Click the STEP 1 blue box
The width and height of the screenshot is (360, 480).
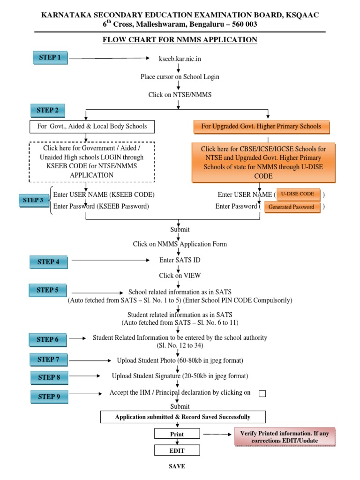tap(50, 58)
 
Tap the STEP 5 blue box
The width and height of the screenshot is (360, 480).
tap(48, 291)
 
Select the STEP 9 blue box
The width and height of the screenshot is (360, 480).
tap(49, 397)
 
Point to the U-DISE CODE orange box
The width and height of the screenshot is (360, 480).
tap(298, 194)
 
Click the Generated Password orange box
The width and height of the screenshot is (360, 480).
tap(292, 207)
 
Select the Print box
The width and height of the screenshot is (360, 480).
tap(177, 435)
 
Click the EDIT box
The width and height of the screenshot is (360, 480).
tap(177, 450)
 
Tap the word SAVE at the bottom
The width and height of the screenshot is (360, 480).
tap(177, 466)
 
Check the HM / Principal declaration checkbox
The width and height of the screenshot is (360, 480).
tap(262, 394)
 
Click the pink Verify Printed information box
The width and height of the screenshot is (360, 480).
tap(285, 437)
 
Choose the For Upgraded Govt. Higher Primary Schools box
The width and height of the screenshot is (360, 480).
tap(261, 127)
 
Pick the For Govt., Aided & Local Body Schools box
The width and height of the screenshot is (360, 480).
tap(92, 127)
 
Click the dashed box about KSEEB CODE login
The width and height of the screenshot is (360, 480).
tap(92, 162)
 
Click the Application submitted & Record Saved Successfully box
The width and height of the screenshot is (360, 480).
tap(183, 417)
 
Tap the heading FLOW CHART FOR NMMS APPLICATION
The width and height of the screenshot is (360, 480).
tap(180, 40)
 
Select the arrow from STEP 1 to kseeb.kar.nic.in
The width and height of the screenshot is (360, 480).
tap(108, 59)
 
